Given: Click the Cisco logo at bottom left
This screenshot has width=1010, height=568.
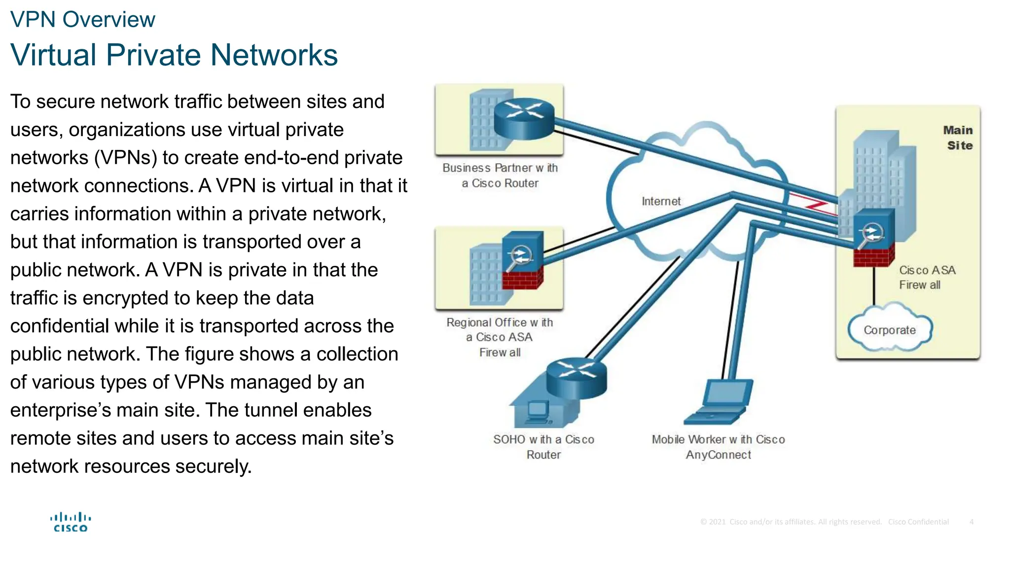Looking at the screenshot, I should tap(71, 522).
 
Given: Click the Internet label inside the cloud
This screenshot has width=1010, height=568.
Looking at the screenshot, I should tap(661, 201).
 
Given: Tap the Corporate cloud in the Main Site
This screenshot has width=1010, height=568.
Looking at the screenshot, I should tap(889, 330).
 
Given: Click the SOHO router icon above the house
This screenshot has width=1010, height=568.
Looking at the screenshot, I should tap(576, 377).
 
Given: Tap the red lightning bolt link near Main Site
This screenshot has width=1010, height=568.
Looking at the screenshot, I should tap(814, 205).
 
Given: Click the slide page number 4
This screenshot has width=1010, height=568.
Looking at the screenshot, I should tap(971, 522).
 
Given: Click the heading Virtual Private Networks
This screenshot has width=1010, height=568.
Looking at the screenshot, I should tap(174, 55).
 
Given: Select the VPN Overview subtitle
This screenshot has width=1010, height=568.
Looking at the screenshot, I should tap(82, 20).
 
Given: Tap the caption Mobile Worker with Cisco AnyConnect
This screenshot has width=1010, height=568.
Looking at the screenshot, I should tap(718, 447).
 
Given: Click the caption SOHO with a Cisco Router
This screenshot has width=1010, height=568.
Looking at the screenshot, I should tap(543, 447).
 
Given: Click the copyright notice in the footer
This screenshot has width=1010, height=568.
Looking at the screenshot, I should tap(791, 522).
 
